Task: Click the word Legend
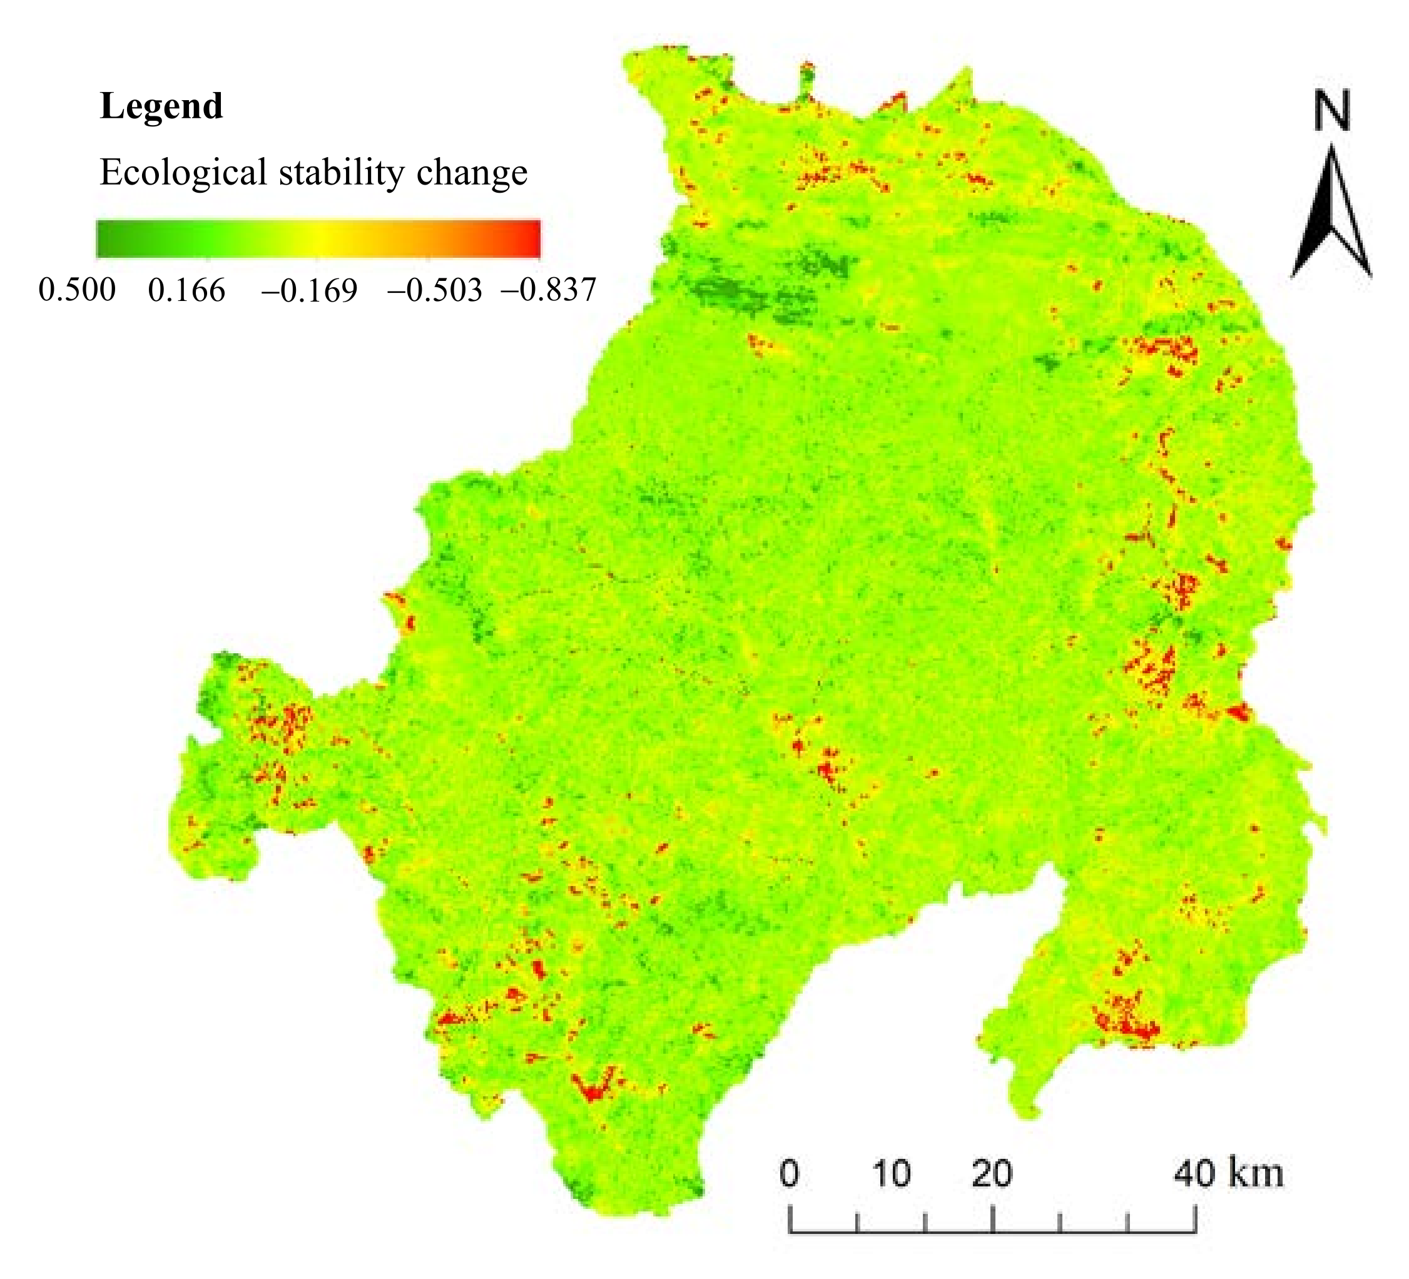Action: tap(161, 107)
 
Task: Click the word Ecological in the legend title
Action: tap(183, 173)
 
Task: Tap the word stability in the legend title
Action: tap(341, 173)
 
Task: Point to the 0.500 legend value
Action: tap(77, 289)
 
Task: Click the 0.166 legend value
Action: tap(186, 289)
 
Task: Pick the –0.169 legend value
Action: tap(309, 289)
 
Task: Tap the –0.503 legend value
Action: tap(434, 289)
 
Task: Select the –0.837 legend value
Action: tap(549, 289)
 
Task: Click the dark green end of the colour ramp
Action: tap(105, 239)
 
